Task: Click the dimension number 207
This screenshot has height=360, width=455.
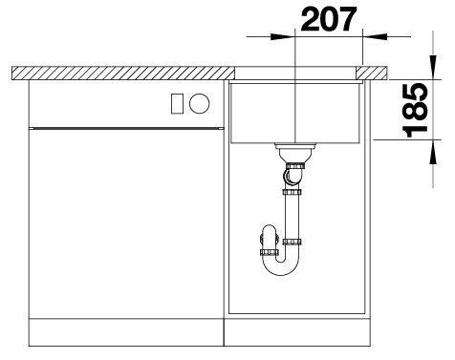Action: [x=329, y=19]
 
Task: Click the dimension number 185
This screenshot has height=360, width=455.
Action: [x=415, y=110]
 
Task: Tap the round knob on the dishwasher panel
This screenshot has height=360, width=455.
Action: [x=200, y=103]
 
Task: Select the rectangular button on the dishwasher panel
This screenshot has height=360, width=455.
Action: [x=177, y=104]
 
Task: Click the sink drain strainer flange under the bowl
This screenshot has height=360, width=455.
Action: [x=295, y=146]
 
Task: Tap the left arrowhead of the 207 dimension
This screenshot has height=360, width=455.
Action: [x=283, y=36]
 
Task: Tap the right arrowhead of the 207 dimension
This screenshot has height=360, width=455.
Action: [x=375, y=36]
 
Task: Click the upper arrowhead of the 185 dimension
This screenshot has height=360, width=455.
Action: [x=433, y=67]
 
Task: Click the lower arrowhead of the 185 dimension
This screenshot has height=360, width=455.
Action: [x=433, y=152]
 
